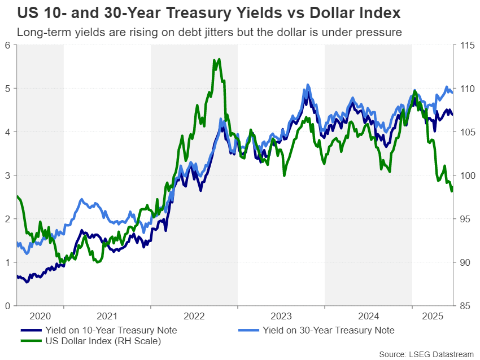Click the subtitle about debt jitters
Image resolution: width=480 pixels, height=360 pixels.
209,32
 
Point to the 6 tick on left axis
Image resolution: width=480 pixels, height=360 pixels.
7,45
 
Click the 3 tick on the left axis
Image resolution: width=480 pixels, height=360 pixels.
7,175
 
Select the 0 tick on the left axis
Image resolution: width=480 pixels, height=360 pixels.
7,306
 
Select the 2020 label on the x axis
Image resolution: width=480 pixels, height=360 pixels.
40,317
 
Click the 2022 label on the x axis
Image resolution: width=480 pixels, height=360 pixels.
194,317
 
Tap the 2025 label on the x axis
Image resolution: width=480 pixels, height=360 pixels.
433,317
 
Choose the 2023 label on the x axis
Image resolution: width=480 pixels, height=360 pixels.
281,317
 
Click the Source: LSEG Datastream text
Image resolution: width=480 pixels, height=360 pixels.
426,354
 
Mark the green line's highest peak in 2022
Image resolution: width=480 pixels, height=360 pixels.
219,59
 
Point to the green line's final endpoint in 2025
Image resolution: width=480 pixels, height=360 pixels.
452,191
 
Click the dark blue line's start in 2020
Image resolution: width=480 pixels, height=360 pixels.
17,276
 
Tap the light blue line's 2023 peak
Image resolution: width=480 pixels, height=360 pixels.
308,85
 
